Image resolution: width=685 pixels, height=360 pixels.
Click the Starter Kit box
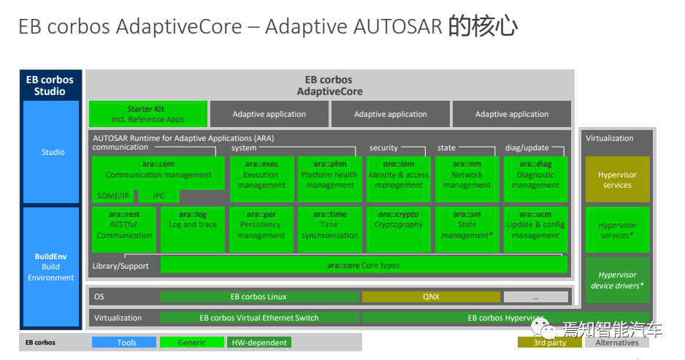[x=147, y=114]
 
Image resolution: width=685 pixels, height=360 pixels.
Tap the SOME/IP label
[x=112, y=196]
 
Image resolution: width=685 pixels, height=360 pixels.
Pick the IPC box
[x=158, y=196]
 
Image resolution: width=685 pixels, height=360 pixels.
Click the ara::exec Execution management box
[x=261, y=179]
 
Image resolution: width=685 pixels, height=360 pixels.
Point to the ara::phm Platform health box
[x=329, y=179]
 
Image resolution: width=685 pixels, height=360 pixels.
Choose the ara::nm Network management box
[x=467, y=179]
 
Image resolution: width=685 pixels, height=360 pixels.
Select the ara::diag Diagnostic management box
[x=535, y=179]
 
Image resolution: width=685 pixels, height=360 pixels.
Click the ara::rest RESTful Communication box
[x=124, y=229]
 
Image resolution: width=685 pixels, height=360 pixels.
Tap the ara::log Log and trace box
[x=193, y=229]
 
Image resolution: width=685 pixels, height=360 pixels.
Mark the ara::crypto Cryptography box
[x=398, y=229]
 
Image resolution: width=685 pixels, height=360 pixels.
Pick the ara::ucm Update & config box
[x=535, y=229]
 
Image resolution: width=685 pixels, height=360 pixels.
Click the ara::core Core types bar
[x=363, y=265]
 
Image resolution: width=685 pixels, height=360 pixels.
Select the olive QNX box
[x=431, y=296]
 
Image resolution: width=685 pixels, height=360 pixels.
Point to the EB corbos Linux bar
[x=259, y=296]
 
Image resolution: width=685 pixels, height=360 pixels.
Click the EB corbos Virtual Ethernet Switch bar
[x=259, y=318]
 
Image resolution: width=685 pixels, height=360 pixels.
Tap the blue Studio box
[x=52, y=152]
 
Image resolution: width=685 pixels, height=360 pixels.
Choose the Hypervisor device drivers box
[x=617, y=280]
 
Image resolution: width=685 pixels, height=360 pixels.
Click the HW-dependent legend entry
[x=259, y=342]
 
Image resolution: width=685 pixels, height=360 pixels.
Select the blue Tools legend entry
[x=124, y=342]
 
